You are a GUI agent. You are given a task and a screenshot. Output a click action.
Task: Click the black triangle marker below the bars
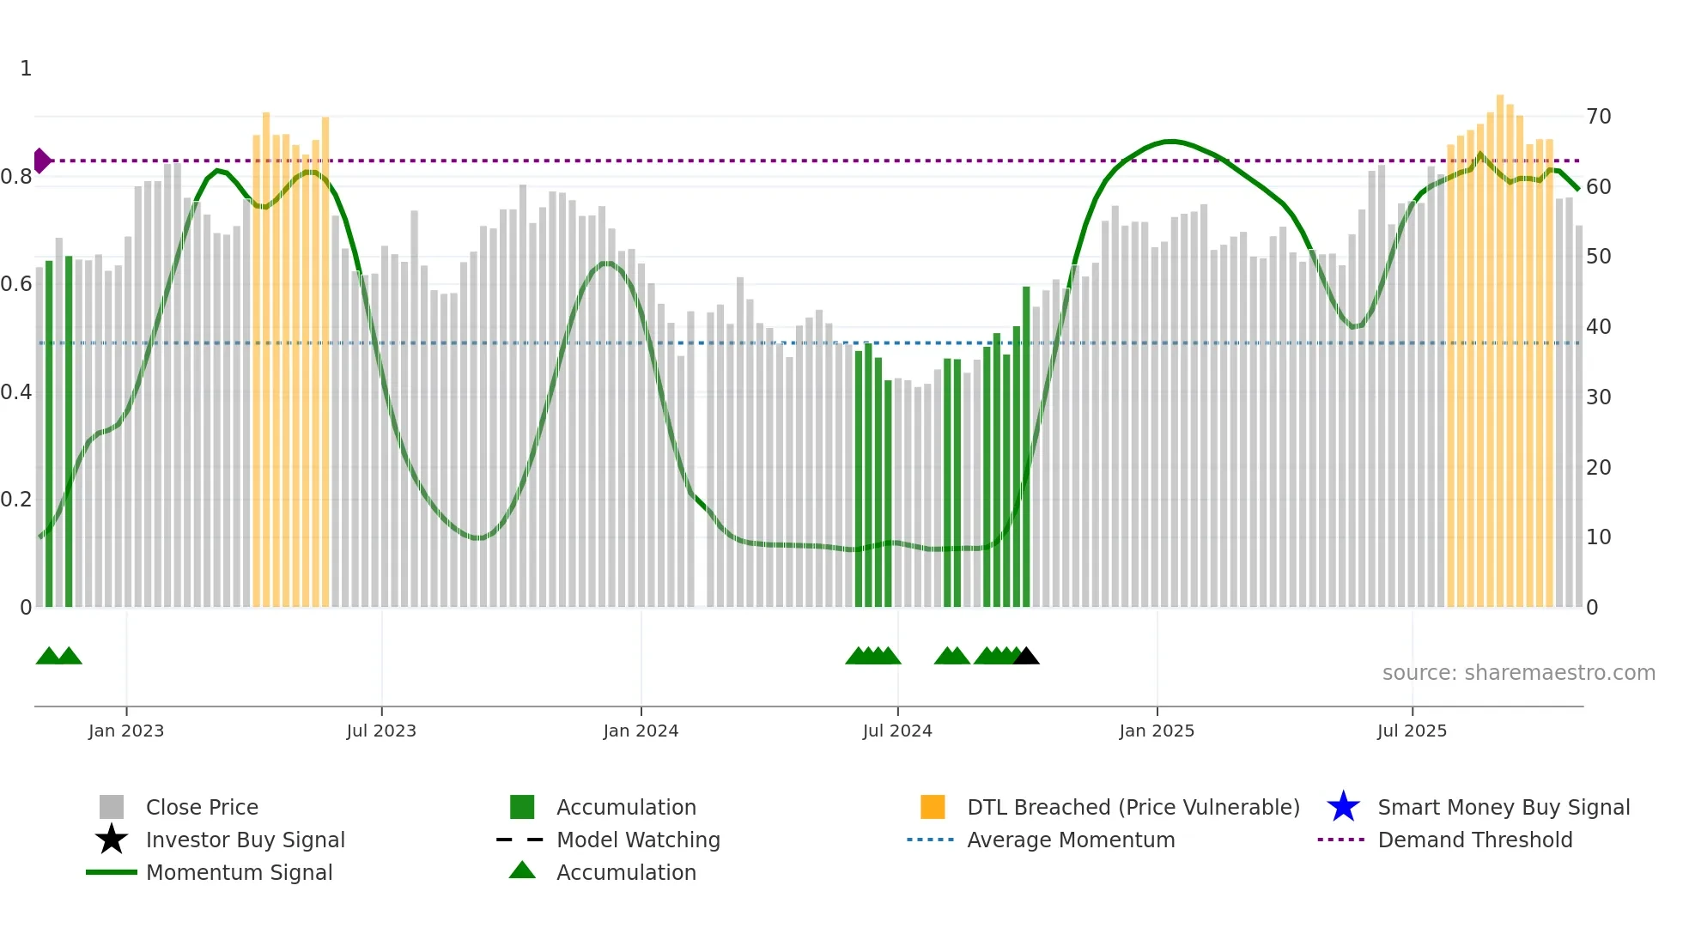point(1026,657)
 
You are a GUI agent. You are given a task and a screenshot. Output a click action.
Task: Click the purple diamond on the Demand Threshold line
point(41,161)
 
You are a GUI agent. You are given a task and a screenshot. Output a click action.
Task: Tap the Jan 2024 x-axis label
point(641,731)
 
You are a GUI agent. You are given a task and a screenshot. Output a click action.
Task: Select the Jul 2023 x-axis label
point(381,731)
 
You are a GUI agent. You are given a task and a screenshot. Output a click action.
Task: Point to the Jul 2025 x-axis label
point(1412,731)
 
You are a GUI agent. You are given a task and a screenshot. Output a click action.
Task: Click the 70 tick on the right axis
point(1598,117)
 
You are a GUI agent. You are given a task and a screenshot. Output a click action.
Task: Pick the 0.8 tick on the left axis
point(16,178)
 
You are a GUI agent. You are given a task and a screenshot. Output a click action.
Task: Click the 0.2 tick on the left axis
point(16,500)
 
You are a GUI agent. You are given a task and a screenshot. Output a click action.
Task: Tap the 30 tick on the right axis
point(1598,397)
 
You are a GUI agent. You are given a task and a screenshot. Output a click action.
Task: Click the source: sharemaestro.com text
point(1518,673)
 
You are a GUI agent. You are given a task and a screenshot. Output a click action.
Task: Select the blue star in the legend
point(1343,807)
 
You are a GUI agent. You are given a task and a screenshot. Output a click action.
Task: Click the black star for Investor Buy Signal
point(112,840)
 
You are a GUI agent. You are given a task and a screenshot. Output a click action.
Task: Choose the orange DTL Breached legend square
point(933,807)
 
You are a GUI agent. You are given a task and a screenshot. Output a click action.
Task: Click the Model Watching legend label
point(638,840)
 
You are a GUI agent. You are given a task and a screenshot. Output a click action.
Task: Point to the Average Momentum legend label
point(1071,840)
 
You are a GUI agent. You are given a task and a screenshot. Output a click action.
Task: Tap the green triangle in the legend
point(522,871)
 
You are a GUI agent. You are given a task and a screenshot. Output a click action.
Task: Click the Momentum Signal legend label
point(239,872)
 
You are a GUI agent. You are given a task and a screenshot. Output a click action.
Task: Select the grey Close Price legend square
point(112,807)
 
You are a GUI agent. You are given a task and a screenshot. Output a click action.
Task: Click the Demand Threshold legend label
point(1474,840)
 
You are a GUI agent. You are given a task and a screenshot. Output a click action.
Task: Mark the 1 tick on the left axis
point(26,69)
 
